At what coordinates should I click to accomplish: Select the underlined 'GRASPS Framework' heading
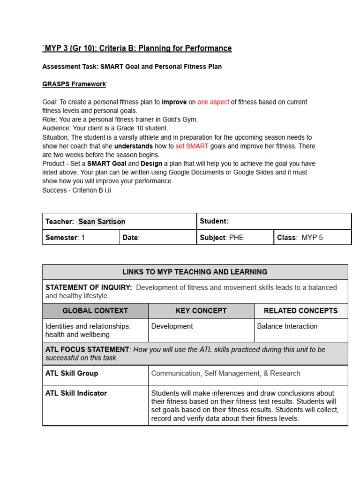[74, 84]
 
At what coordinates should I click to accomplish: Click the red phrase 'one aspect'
[213, 102]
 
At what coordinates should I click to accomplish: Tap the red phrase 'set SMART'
[192, 146]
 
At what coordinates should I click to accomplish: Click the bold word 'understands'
[134, 146]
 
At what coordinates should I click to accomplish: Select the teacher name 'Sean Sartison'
[102, 221]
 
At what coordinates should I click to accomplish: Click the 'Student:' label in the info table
[214, 221]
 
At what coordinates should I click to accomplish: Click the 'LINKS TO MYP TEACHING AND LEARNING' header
[195, 272]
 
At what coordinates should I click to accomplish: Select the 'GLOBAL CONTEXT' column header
[95, 310]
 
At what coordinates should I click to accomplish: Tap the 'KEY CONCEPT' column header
[201, 310]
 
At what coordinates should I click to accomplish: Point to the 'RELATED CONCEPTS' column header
[300, 310]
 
